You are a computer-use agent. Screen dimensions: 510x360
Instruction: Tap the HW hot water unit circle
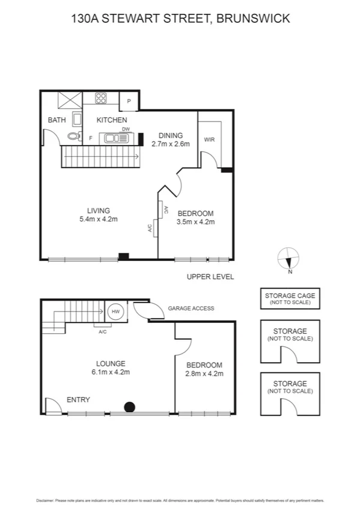click(x=115, y=312)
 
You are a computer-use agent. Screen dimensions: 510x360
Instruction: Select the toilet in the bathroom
click(x=74, y=136)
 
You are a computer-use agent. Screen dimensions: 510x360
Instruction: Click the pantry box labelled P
click(x=129, y=102)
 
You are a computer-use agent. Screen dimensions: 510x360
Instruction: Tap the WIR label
click(x=209, y=139)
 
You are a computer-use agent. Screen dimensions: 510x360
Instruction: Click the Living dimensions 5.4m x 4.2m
click(x=98, y=219)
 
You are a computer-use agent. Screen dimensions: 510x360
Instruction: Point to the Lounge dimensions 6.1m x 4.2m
click(x=111, y=372)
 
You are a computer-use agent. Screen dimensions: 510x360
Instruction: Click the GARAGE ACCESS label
click(x=191, y=308)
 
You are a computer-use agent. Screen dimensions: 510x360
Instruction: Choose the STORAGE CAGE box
click(x=290, y=298)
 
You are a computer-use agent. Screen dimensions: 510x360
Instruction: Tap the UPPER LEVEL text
click(x=210, y=277)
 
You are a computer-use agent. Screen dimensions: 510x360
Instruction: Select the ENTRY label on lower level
click(x=78, y=399)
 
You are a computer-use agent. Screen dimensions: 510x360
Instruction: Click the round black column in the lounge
click(x=129, y=407)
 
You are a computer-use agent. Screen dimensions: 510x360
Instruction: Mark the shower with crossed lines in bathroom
click(x=69, y=99)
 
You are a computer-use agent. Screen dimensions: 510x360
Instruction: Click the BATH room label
click(x=56, y=120)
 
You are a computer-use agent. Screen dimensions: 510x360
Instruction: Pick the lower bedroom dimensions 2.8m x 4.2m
click(x=204, y=373)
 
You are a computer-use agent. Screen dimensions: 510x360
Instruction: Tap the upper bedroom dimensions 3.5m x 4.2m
click(x=195, y=221)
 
